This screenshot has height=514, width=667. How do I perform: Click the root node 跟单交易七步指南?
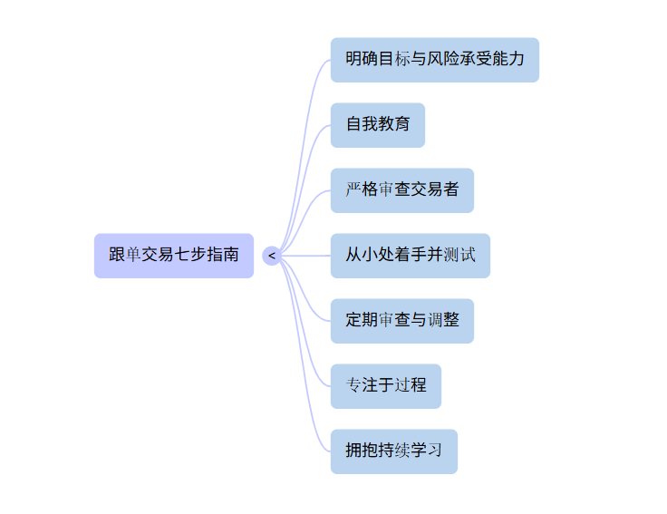click(x=174, y=256)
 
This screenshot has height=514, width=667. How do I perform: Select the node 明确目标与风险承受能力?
click(x=434, y=60)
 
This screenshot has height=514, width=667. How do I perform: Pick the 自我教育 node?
click(x=377, y=125)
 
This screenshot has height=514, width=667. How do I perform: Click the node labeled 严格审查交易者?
click(x=401, y=190)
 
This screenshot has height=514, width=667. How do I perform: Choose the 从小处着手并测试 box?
click(x=410, y=256)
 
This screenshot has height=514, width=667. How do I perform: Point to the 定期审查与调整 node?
click(x=401, y=321)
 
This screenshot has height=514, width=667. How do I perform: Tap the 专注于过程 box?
click(x=385, y=386)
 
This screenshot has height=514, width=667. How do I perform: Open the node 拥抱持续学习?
click(x=393, y=451)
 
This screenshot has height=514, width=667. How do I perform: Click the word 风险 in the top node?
click(x=443, y=60)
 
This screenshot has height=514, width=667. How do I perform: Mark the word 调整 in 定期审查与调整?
click(x=443, y=321)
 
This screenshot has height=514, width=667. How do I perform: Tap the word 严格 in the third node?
click(x=362, y=190)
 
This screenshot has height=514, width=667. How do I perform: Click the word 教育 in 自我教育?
click(x=393, y=125)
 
